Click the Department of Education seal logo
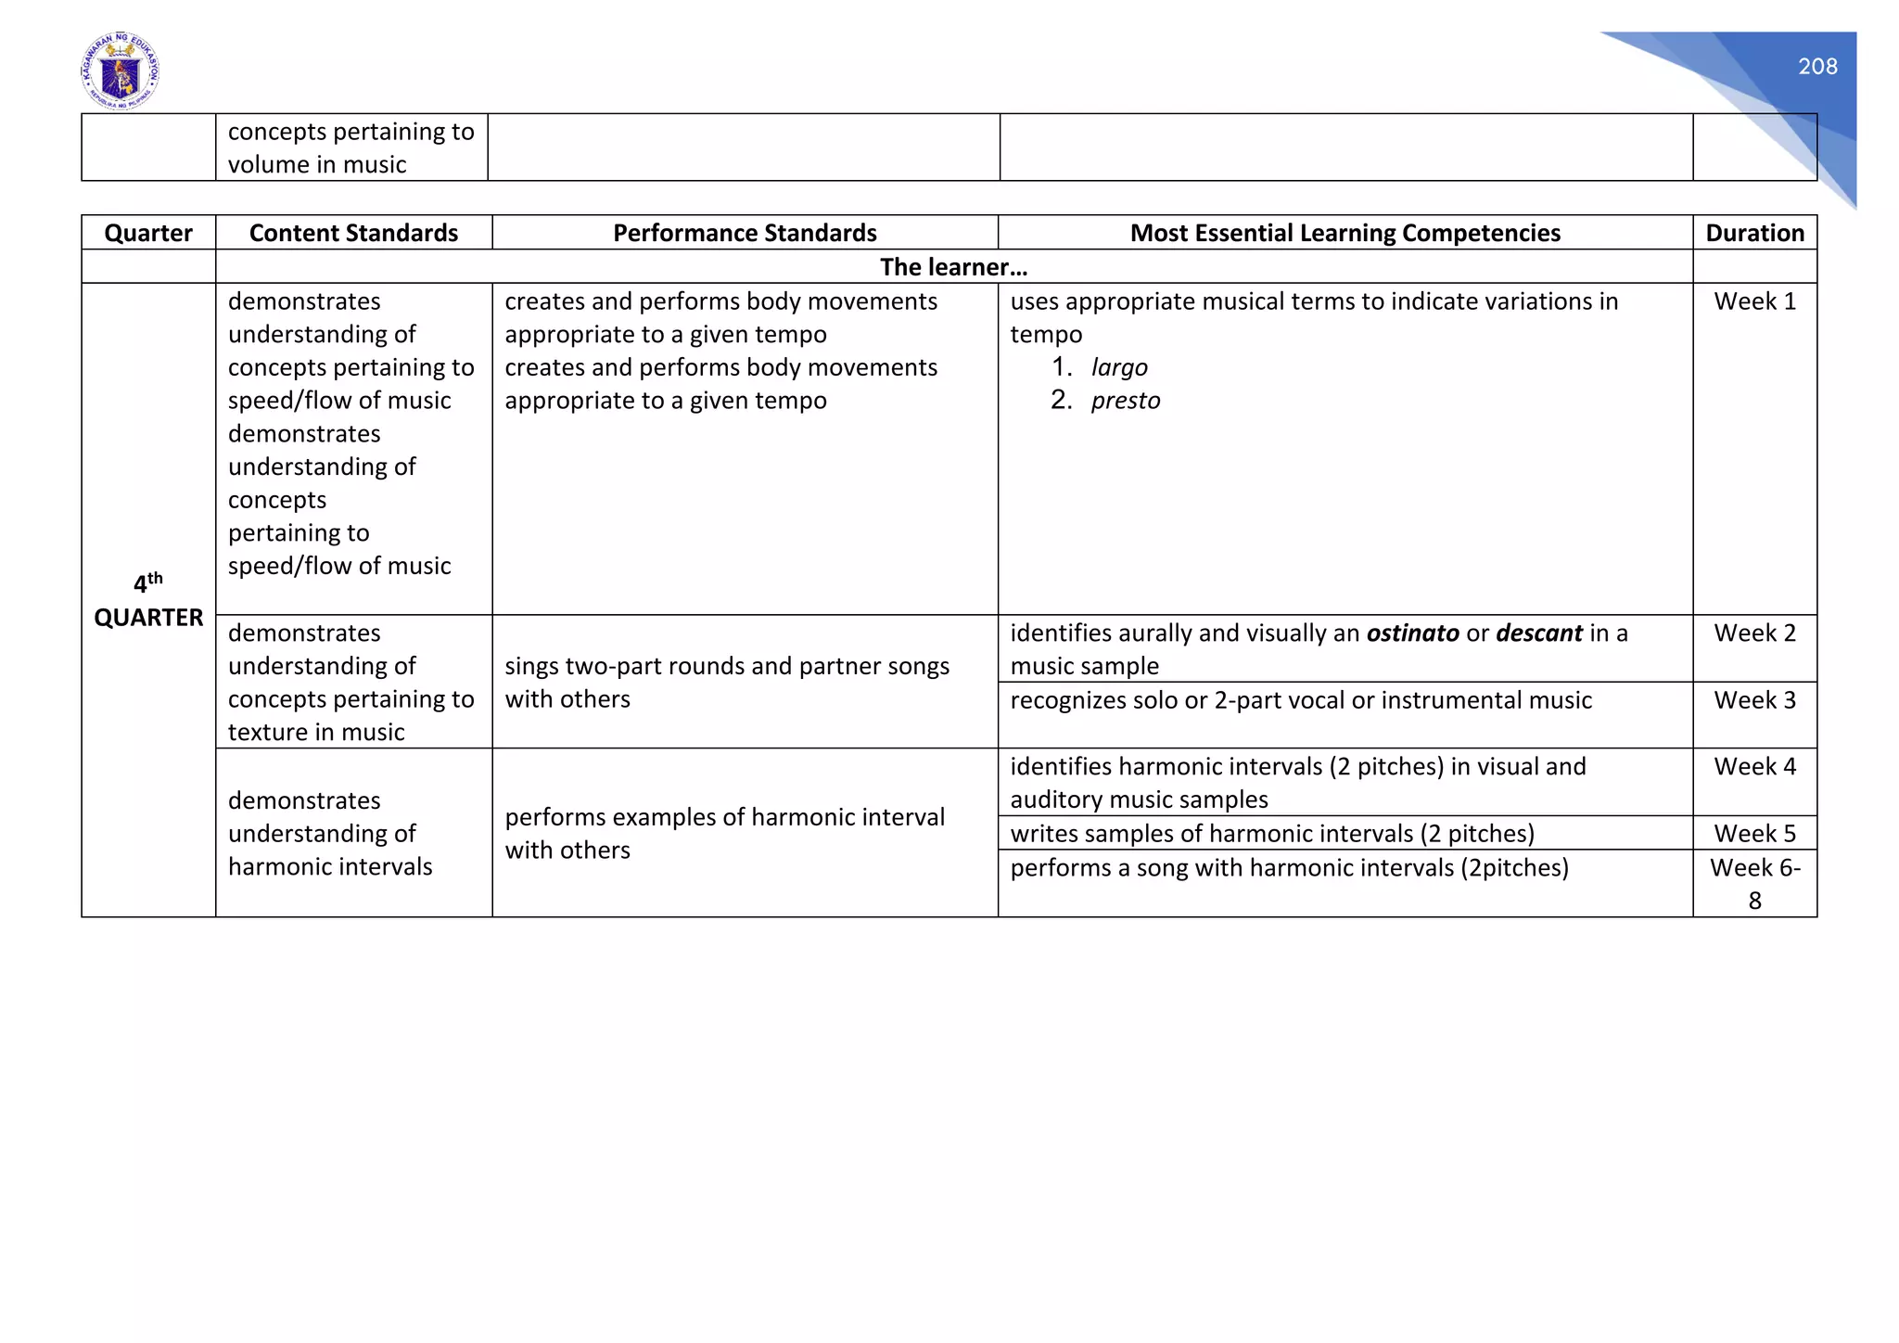click(x=120, y=71)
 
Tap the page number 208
click(x=1816, y=67)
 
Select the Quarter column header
click(x=148, y=233)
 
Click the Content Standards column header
click(x=353, y=233)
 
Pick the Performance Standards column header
click(x=745, y=233)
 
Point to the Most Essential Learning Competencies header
click(x=1345, y=233)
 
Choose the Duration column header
click(x=1754, y=233)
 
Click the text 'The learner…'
click(x=953, y=267)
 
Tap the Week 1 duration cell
click(x=1754, y=301)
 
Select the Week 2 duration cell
click(x=1754, y=633)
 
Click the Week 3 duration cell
click(x=1754, y=700)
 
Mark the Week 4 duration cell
click(x=1754, y=767)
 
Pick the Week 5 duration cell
click(x=1754, y=834)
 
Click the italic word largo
click(x=1119, y=368)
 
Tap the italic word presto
click(x=1126, y=401)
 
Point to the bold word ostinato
click(x=1412, y=633)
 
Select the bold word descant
click(x=1539, y=633)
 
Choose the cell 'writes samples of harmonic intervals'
click(x=1272, y=834)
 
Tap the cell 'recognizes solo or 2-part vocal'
click(x=1301, y=700)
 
